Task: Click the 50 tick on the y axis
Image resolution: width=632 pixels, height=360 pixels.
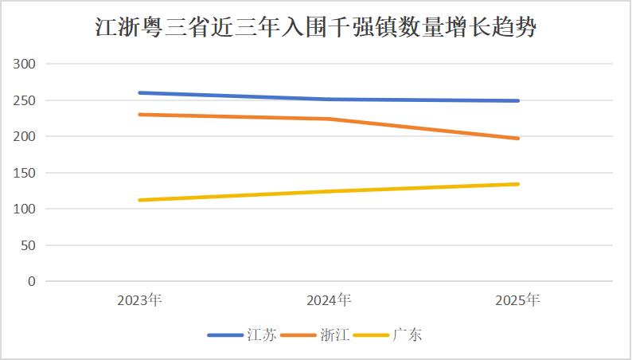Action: pyautogui.click(x=29, y=245)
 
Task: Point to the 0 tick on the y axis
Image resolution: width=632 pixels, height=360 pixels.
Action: pyautogui.click(x=32, y=281)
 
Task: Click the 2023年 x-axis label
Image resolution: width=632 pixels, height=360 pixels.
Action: pyautogui.click(x=139, y=300)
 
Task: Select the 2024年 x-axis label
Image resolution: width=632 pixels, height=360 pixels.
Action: pyautogui.click(x=329, y=300)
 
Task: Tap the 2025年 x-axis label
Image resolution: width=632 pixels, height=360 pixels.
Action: pyautogui.click(x=517, y=300)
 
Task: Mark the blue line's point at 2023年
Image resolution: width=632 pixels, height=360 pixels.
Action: pyautogui.click(x=139, y=92)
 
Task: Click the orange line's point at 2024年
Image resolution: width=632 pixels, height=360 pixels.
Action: pyautogui.click(x=329, y=119)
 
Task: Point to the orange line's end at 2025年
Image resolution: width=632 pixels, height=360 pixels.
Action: pyautogui.click(x=518, y=139)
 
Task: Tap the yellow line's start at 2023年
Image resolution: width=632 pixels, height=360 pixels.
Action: pyautogui.click(x=139, y=200)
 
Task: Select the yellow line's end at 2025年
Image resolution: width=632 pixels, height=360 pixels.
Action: pyautogui.click(x=518, y=184)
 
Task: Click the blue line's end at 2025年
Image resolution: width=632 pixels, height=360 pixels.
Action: pyautogui.click(x=518, y=100)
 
